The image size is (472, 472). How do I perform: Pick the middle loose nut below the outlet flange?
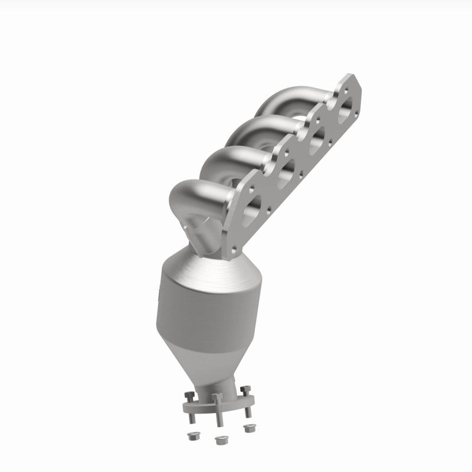[x=221, y=439]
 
